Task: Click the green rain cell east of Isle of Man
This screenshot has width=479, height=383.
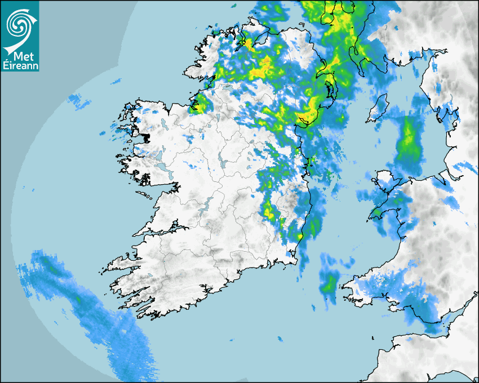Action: click(409, 144)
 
